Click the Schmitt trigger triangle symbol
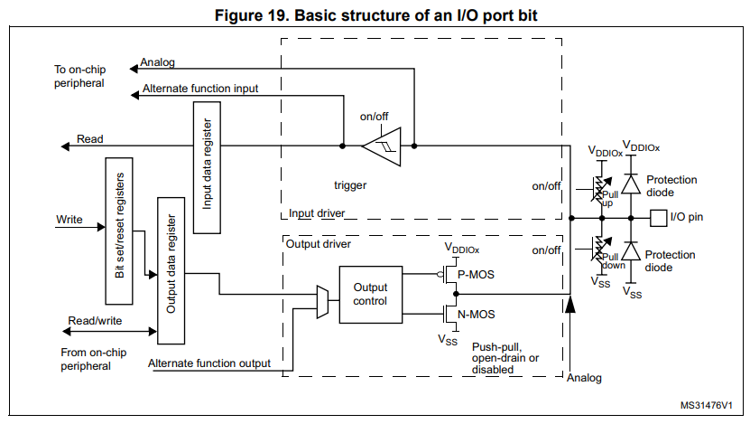382,146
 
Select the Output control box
371,295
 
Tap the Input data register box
207,167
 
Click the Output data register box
171,270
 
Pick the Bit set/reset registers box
119,231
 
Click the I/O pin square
658,218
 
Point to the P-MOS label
476,275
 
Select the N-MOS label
477,315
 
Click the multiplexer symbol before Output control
323,302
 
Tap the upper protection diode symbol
631,184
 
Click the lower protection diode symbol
631,251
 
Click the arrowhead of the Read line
65,146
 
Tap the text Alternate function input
200,89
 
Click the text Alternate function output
209,363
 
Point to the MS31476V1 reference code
706,405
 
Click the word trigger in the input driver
350,185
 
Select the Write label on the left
69,220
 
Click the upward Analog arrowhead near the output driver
570,305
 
